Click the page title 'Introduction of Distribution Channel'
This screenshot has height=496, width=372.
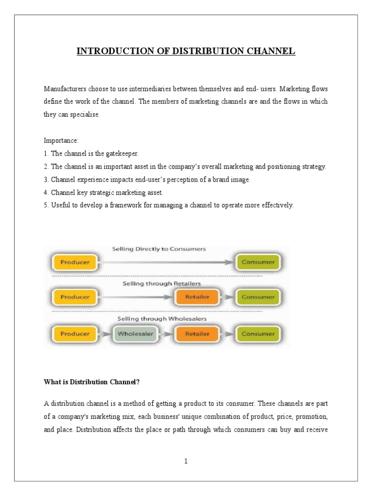[186, 51]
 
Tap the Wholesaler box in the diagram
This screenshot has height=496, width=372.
[135, 334]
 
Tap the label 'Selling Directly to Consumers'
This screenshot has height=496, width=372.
[159, 249]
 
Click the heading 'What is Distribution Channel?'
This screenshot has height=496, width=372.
[92, 382]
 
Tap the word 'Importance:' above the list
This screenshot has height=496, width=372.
[61, 140]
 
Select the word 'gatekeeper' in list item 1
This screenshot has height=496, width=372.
[123, 154]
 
